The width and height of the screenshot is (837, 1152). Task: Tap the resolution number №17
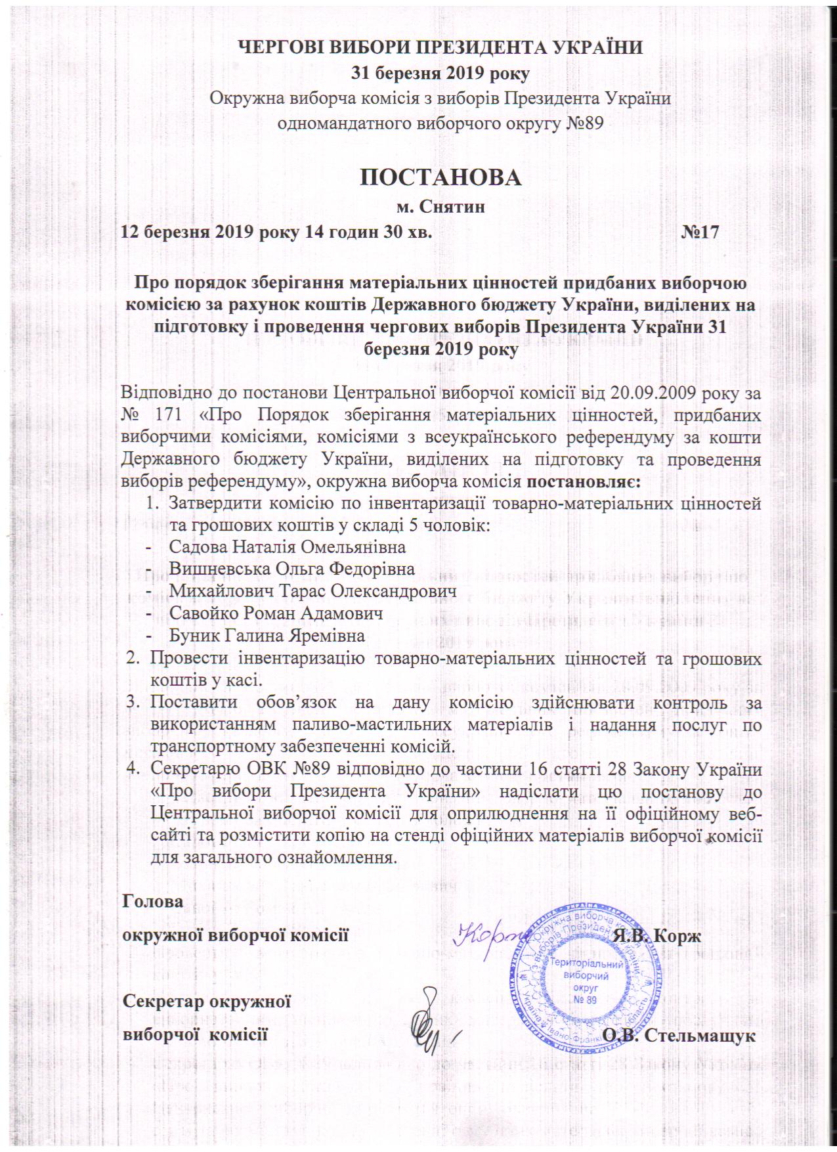click(700, 232)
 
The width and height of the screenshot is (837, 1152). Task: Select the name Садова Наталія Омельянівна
click(287, 546)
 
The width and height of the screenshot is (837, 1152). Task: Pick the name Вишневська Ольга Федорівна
click(291, 569)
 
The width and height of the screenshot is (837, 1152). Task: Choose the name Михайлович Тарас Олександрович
click(312, 591)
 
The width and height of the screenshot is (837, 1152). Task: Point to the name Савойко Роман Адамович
click(276, 613)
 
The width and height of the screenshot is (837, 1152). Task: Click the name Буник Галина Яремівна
click(267, 636)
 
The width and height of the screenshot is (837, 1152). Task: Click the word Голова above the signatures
click(154, 901)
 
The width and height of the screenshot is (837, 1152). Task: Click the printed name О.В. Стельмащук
click(679, 1036)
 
